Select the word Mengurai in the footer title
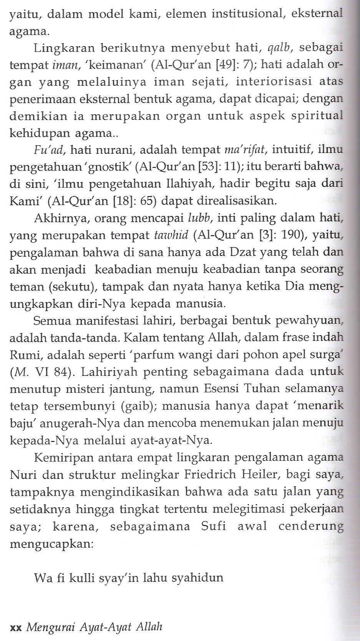tap(50, 628)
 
